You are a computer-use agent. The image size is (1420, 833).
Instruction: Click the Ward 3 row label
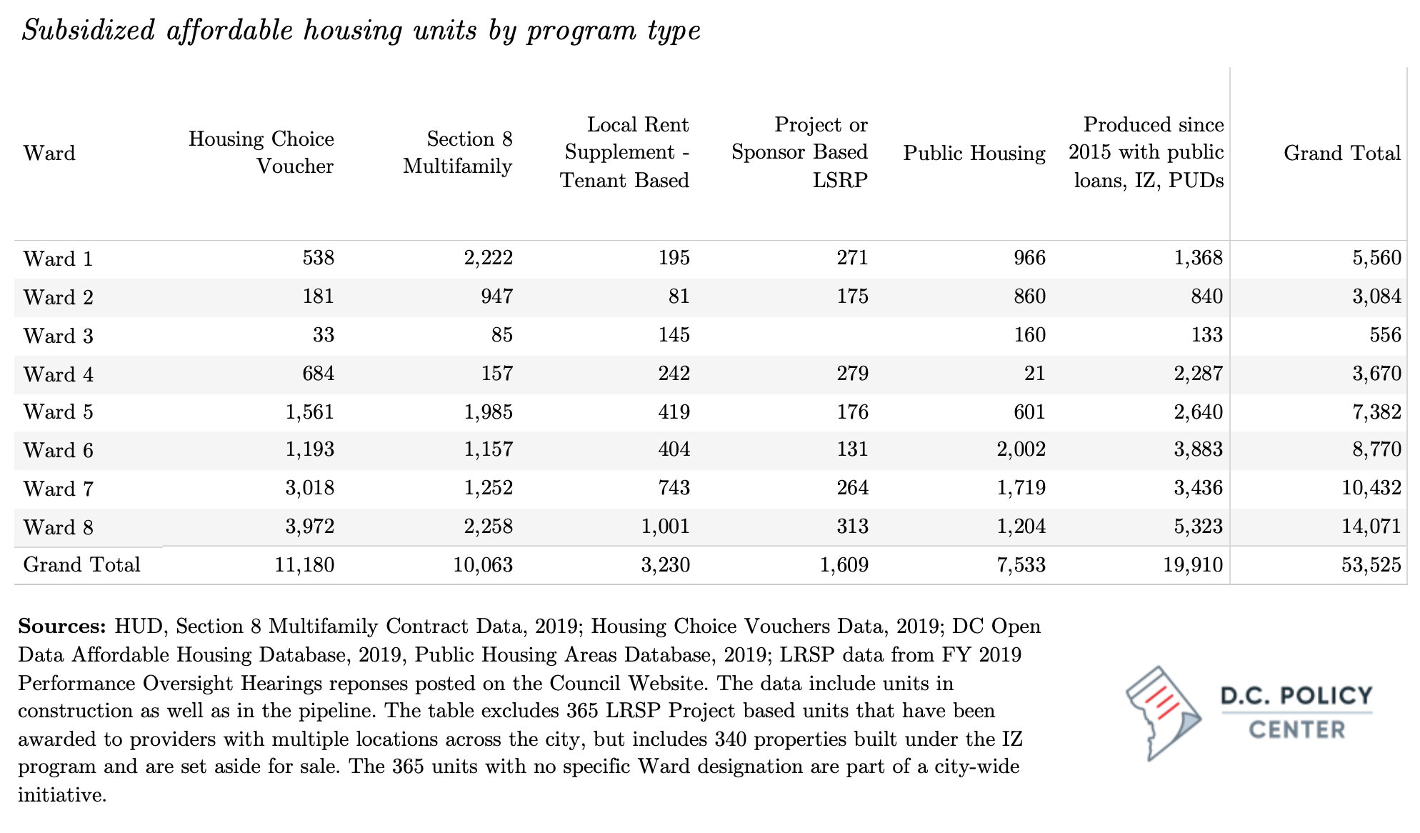59,336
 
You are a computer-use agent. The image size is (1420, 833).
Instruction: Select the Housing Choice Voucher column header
261,153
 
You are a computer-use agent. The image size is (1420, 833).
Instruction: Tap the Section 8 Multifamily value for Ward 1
489,258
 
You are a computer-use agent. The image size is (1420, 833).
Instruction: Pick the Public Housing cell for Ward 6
1021,449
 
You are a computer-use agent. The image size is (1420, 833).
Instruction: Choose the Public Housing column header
974,153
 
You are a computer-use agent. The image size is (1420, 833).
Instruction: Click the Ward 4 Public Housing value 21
1034,373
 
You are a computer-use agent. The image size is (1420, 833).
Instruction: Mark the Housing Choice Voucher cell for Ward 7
310,488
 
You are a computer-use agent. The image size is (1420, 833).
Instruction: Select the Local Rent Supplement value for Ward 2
679,296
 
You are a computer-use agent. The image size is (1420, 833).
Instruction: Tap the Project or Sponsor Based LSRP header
800,152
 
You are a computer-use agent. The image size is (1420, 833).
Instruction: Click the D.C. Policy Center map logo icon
1163,713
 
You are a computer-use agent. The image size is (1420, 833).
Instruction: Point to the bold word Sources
61,627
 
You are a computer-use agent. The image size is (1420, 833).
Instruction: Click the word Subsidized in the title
88,31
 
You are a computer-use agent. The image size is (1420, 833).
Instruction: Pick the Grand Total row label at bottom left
82,565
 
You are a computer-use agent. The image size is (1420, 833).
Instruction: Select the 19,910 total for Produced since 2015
1193,565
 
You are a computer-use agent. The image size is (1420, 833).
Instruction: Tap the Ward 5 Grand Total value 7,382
1377,411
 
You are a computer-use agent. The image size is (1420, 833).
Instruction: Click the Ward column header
49,153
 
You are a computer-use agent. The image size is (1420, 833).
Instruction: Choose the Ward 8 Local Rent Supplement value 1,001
666,527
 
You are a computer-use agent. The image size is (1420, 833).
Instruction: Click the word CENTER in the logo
1297,729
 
